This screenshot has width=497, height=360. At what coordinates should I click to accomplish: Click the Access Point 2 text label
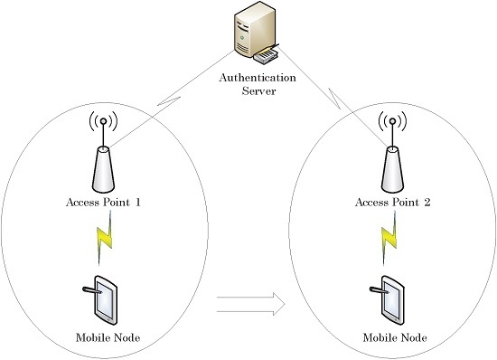[390, 203]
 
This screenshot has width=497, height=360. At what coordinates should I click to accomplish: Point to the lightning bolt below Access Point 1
[104, 242]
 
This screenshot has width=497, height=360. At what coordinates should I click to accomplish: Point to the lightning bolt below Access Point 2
[389, 240]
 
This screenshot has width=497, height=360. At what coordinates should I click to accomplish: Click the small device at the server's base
[267, 60]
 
